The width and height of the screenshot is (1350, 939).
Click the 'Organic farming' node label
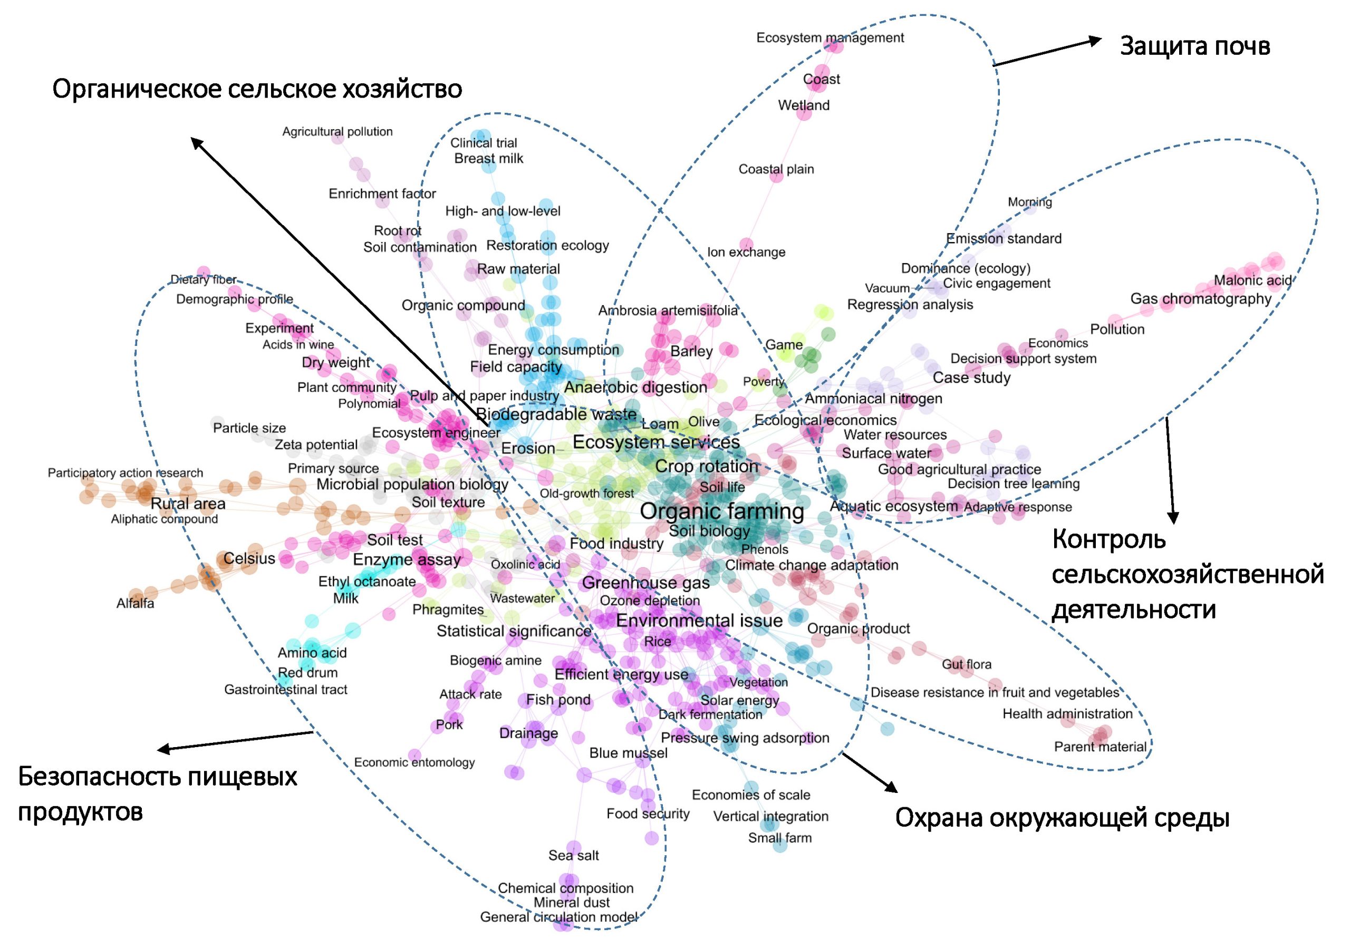click(x=721, y=511)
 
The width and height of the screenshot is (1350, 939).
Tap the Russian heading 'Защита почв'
click(x=1194, y=46)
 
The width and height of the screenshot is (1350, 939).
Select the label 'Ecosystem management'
click(x=830, y=37)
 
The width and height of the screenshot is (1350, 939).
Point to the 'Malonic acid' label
click(x=1252, y=280)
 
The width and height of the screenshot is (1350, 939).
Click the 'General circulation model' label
click(x=558, y=917)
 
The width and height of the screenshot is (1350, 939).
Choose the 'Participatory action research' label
click(x=125, y=473)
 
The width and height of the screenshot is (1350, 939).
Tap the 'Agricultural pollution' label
click(x=337, y=132)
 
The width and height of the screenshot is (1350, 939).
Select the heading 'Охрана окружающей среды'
click(x=1062, y=818)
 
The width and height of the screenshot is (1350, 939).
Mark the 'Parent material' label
click(x=1100, y=747)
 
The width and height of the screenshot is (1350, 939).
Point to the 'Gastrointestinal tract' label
click(x=286, y=689)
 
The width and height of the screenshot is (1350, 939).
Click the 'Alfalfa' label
click(x=135, y=603)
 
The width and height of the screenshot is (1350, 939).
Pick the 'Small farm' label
click(x=779, y=838)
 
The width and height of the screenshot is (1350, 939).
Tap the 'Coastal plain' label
click(x=776, y=169)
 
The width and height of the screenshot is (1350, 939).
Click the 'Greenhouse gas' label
click(x=645, y=583)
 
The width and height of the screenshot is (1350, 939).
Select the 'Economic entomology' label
click(x=414, y=762)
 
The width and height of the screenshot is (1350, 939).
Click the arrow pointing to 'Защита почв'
click(x=1047, y=52)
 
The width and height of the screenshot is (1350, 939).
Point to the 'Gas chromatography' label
click(x=1201, y=299)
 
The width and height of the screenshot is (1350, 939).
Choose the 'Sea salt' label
click(x=573, y=856)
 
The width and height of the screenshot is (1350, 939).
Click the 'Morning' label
click(x=1029, y=202)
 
